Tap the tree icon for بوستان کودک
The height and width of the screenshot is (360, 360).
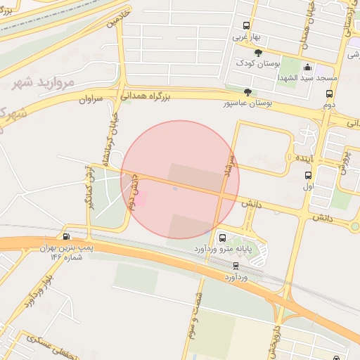coord(258,53)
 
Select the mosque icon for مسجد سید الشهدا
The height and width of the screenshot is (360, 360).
coord(307,67)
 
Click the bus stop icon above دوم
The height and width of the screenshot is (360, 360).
coord(329,93)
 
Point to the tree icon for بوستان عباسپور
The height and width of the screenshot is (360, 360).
coord(247,92)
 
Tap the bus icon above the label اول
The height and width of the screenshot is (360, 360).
coord(308,175)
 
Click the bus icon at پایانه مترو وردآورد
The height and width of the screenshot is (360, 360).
coord(223,238)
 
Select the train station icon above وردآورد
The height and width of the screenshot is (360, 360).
coord(236,266)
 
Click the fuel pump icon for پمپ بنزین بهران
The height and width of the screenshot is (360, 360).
coord(66,237)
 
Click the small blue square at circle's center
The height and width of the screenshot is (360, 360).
coord(175,188)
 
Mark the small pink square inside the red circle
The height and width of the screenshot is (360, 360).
coord(141,200)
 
